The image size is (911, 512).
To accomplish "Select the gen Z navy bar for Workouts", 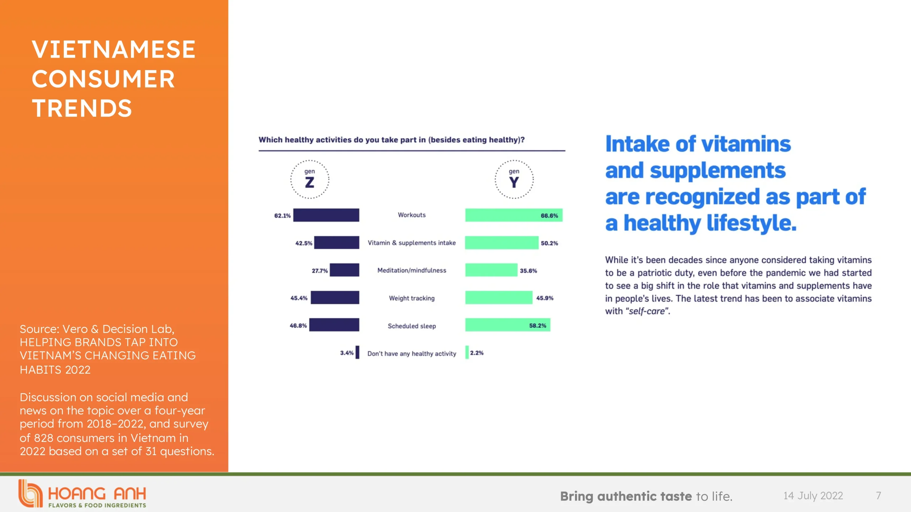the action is click(326, 215).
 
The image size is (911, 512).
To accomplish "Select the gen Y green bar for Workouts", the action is click(514, 215).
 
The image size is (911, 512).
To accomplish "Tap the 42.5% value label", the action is click(304, 243).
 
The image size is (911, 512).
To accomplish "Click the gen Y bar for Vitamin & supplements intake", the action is click(502, 242).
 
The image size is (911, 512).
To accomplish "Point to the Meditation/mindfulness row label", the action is click(412, 270).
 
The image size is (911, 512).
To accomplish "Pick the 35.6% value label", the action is click(528, 271).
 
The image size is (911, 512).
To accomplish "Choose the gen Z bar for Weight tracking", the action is click(335, 298).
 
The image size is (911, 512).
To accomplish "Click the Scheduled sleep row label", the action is click(412, 326).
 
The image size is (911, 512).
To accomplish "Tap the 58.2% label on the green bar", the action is click(538, 325).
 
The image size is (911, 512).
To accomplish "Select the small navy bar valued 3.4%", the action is click(357, 352).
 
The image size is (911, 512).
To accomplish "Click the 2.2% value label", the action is click(477, 353).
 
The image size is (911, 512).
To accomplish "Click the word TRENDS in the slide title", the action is click(82, 108).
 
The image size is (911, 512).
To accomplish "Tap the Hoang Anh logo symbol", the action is click(30, 493).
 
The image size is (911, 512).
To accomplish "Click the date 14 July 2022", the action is click(813, 496).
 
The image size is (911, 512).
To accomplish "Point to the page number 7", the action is click(878, 496).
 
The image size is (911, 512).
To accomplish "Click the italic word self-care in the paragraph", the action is click(647, 311).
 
